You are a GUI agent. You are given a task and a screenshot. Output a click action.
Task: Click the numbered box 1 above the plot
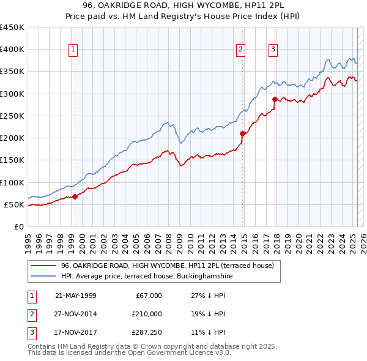tap(73, 50)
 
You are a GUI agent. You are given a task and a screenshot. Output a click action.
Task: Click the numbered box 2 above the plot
tap(241, 50)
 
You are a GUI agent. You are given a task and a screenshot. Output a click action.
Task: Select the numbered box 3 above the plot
tap(273, 50)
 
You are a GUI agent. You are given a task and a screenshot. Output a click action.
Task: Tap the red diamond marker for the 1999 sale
tap(75, 196)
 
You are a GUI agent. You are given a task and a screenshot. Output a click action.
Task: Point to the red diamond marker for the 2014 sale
tap(243, 133)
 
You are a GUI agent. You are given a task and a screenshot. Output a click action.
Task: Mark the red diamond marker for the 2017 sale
tap(275, 99)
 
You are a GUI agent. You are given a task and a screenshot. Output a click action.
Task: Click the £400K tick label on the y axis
tap(12, 50)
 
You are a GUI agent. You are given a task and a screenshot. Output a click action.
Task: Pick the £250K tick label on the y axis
tap(12, 116)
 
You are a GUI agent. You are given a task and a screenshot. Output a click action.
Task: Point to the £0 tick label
tap(18, 226)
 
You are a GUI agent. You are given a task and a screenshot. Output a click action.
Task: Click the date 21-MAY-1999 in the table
tap(75, 296)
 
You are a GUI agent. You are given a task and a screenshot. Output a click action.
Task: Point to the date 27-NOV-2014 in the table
tap(75, 314)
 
